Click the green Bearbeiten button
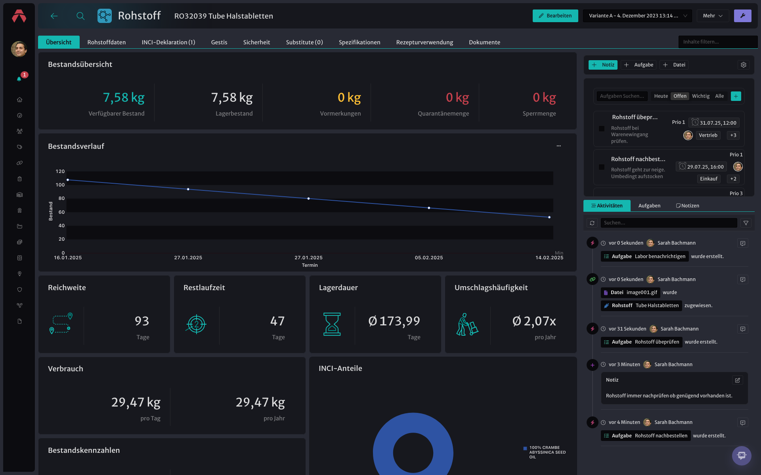pos(555,16)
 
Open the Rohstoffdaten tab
pos(106,42)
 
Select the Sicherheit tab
pos(256,42)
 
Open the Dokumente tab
pos(484,42)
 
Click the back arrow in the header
pos(54,16)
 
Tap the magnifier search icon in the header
pos(80,16)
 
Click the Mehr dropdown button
pos(713,16)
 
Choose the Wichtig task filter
pos(701,96)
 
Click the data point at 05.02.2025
pos(429,208)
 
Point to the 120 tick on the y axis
pos(60,171)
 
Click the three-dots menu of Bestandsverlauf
pos(558,146)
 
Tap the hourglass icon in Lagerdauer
pos(332,324)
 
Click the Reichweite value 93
pos(142,321)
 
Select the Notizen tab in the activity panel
pos(688,206)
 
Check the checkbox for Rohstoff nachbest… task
pos(602,167)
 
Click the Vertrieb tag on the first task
pos(708,135)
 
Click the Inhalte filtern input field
pos(717,42)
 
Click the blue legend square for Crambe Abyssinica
pos(525,448)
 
